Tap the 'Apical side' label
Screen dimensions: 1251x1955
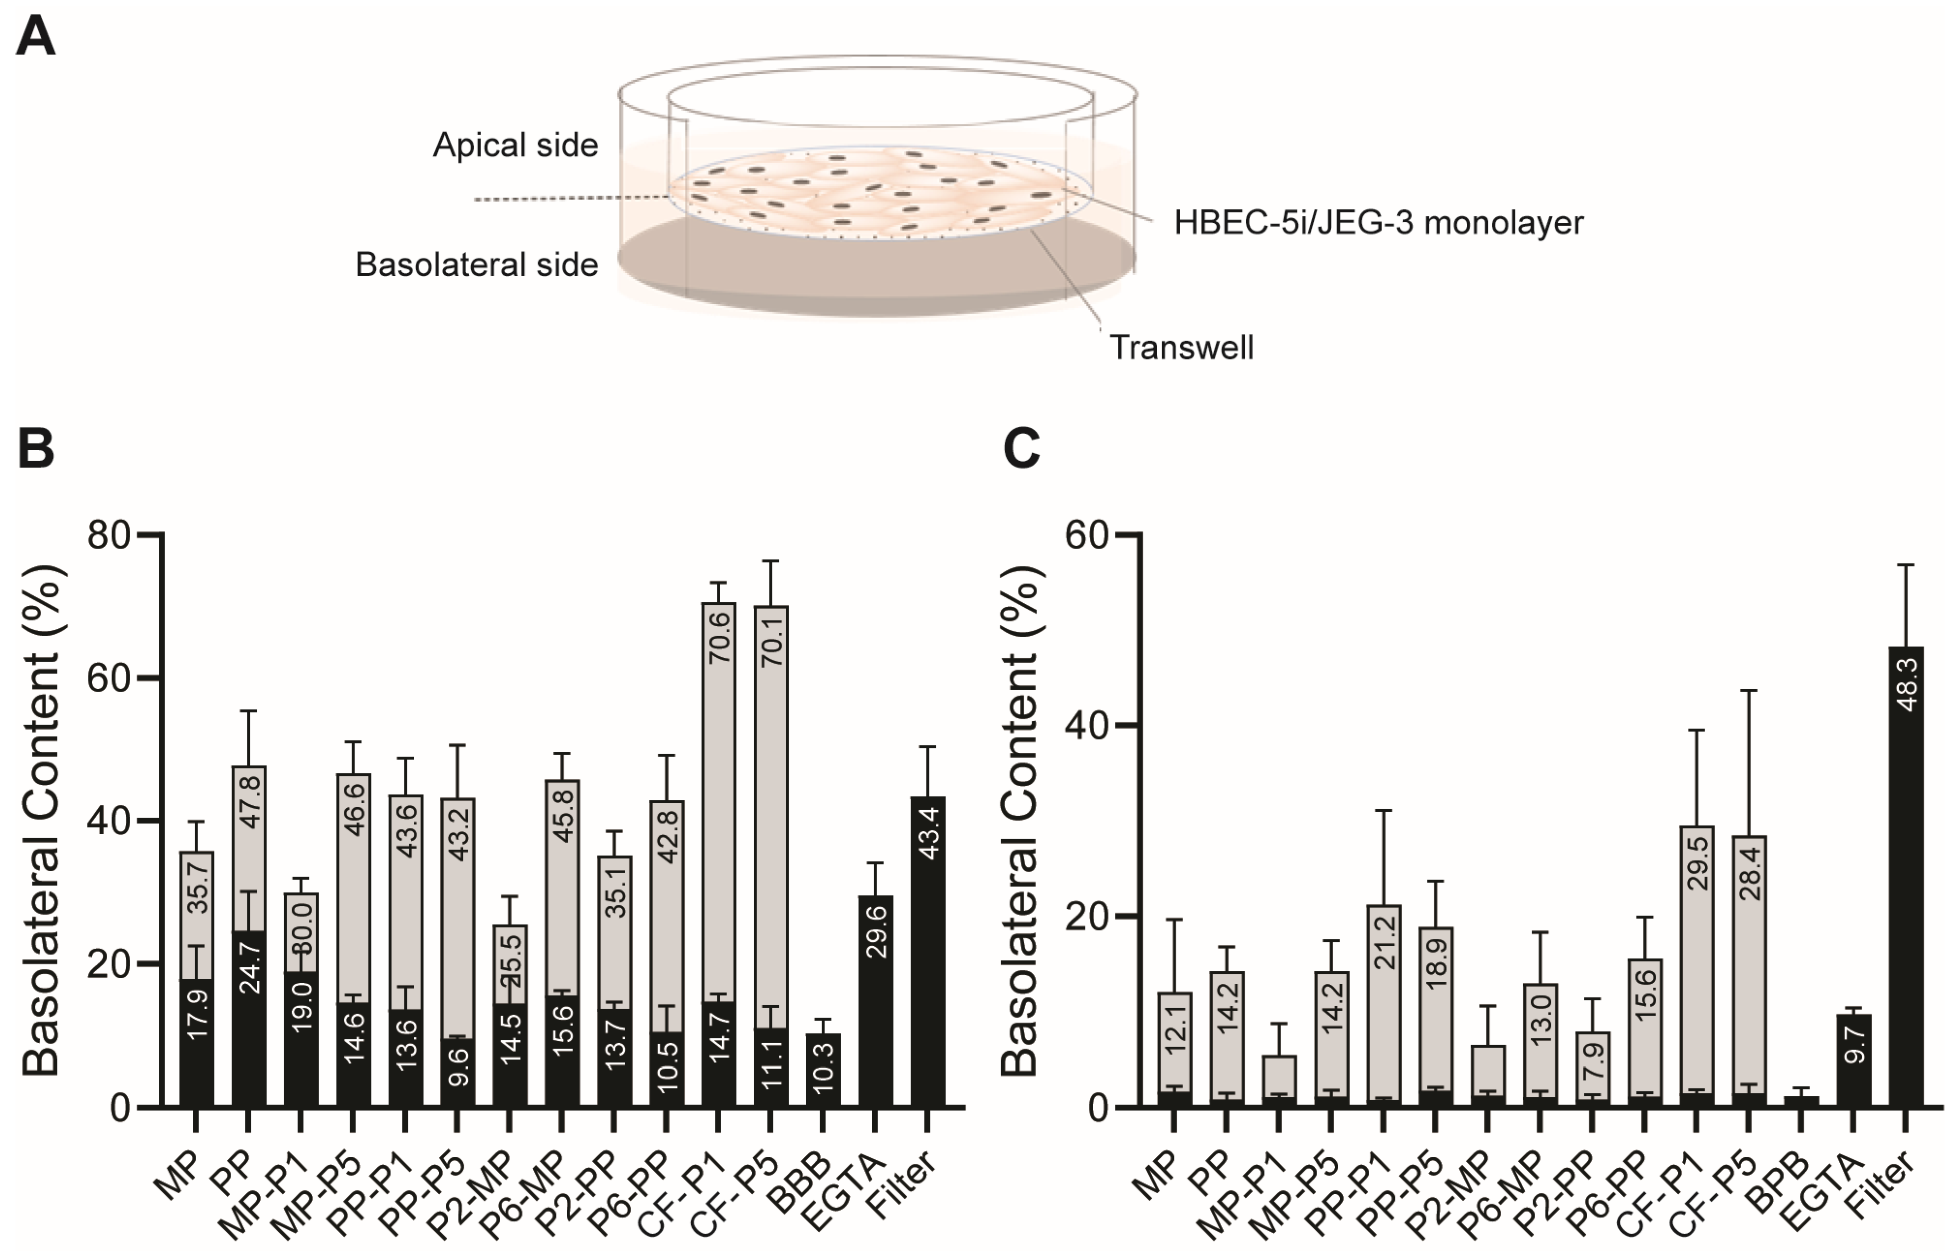(x=515, y=146)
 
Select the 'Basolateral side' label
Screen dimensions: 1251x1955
(x=477, y=265)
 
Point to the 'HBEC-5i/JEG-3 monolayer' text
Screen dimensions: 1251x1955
(x=1378, y=222)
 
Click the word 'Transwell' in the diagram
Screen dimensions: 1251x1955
(x=1182, y=348)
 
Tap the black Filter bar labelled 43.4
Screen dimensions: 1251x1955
(x=927, y=950)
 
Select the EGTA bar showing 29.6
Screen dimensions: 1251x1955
(x=876, y=999)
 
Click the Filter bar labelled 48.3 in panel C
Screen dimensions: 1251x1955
(x=1906, y=878)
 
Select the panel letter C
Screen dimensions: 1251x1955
(x=1022, y=448)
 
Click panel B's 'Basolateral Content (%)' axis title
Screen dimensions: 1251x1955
(x=40, y=821)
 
